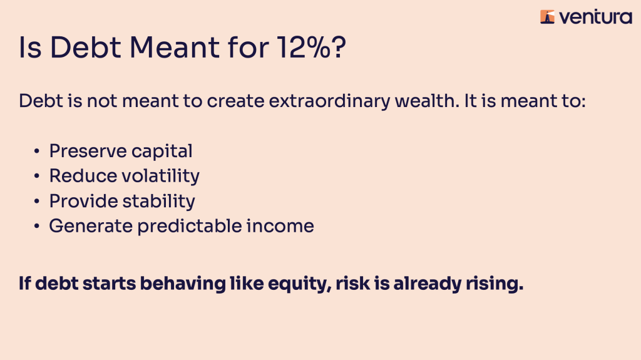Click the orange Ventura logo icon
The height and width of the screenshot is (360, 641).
[547, 17]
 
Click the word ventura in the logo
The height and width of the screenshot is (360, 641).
[595, 17]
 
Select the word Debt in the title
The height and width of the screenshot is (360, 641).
[85, 47]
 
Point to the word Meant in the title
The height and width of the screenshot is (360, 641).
[175, 47]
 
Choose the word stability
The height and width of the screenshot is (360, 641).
[158, 202]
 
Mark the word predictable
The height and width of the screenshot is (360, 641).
[190, 227]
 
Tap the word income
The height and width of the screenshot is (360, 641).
[280, 226]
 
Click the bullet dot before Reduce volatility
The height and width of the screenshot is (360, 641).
[37, 177]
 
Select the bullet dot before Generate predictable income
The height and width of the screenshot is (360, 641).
[37, 226]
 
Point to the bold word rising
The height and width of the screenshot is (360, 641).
[495, 284]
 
